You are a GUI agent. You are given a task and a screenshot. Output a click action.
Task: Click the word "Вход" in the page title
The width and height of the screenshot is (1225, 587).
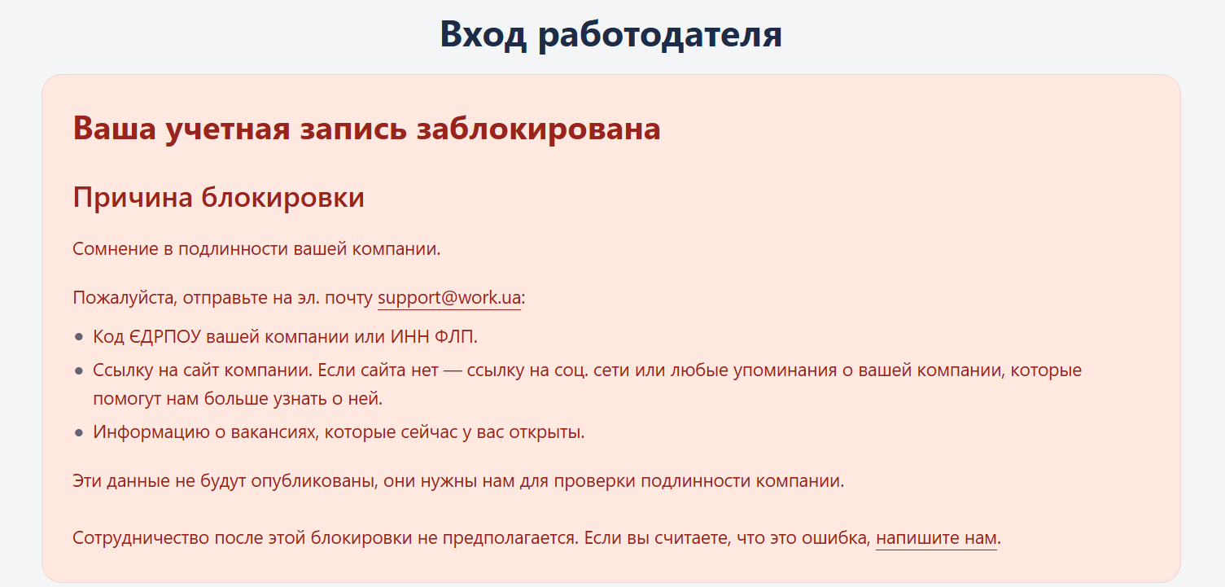coord(483,34)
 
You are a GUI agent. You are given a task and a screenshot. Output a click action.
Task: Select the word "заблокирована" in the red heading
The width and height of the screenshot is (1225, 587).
coord(538,129)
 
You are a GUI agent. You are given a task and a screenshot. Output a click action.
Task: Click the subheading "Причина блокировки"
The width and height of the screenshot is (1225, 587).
coord(219,198)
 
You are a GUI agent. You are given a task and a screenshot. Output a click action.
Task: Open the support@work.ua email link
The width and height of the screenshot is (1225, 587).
coord(449,298)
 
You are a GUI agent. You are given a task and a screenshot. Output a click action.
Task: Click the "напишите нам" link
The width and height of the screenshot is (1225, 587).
coord(936,538)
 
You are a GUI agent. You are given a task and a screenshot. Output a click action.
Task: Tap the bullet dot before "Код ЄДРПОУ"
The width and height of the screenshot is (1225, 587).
coord(79,337)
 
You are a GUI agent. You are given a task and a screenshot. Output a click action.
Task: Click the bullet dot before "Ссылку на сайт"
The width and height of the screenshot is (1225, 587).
coord(79,371)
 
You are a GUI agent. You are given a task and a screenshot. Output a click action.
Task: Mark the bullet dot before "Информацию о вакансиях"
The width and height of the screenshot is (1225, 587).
coord(79,433)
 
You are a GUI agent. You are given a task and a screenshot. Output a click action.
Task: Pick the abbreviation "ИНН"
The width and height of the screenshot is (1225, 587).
coord(409,336)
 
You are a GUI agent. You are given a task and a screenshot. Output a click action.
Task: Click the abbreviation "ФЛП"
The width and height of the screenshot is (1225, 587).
coord(456,336)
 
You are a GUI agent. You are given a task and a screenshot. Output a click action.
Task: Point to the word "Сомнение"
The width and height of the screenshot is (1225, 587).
coord(116,249)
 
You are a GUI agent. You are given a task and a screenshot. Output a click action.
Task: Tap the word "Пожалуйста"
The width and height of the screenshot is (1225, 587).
coord(125,298)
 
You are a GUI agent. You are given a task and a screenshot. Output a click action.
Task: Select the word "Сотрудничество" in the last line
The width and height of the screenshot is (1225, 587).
coord(141,538)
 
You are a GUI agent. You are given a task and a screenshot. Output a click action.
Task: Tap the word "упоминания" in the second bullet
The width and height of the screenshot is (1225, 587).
coord(785,371)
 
